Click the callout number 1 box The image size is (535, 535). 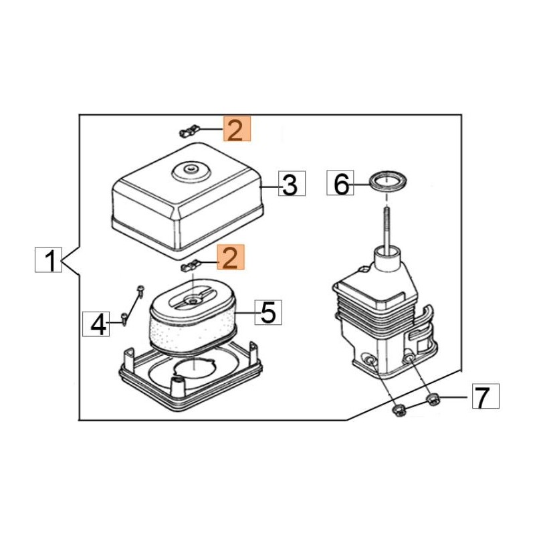point(48,259)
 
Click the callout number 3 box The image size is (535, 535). point(292,184)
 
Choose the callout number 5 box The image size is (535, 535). point(269,312)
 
